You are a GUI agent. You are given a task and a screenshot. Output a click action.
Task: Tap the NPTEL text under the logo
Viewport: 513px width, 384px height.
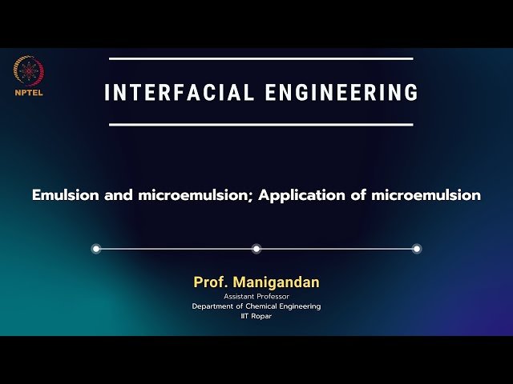pyautogui.click(x=29, y=91)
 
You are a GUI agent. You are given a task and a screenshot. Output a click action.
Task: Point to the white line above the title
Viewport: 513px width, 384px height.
pyautogui.click(x=261, y=58)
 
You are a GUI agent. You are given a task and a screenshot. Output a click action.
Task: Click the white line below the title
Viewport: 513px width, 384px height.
pyautogui.click(x=261, y=124)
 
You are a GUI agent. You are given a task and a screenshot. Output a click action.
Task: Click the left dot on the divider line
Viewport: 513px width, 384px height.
pyautogui.click(x=96, y=249)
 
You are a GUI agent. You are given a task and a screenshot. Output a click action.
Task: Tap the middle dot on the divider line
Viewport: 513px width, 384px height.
pyautogui.click(x=256, y=249)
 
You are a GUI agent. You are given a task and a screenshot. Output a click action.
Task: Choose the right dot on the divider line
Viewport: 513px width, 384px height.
pyautogui.click(x=417, y=249)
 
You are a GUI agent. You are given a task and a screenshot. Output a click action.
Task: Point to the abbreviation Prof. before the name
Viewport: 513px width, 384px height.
pyautogui.click(x=209, y=282)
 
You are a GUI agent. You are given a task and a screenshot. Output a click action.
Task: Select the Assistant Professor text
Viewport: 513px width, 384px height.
pyautogui.click(x=256, y=296)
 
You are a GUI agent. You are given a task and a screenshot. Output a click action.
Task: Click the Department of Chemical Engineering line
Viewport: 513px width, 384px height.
pyautogui.click(x=256, y=306)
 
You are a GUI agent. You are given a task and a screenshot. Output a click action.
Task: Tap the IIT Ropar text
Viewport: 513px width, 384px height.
pyautogui.click(x=256, y=316)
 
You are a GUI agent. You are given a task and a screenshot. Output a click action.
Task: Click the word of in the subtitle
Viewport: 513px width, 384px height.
pyautogui.click(x=360, y=194)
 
